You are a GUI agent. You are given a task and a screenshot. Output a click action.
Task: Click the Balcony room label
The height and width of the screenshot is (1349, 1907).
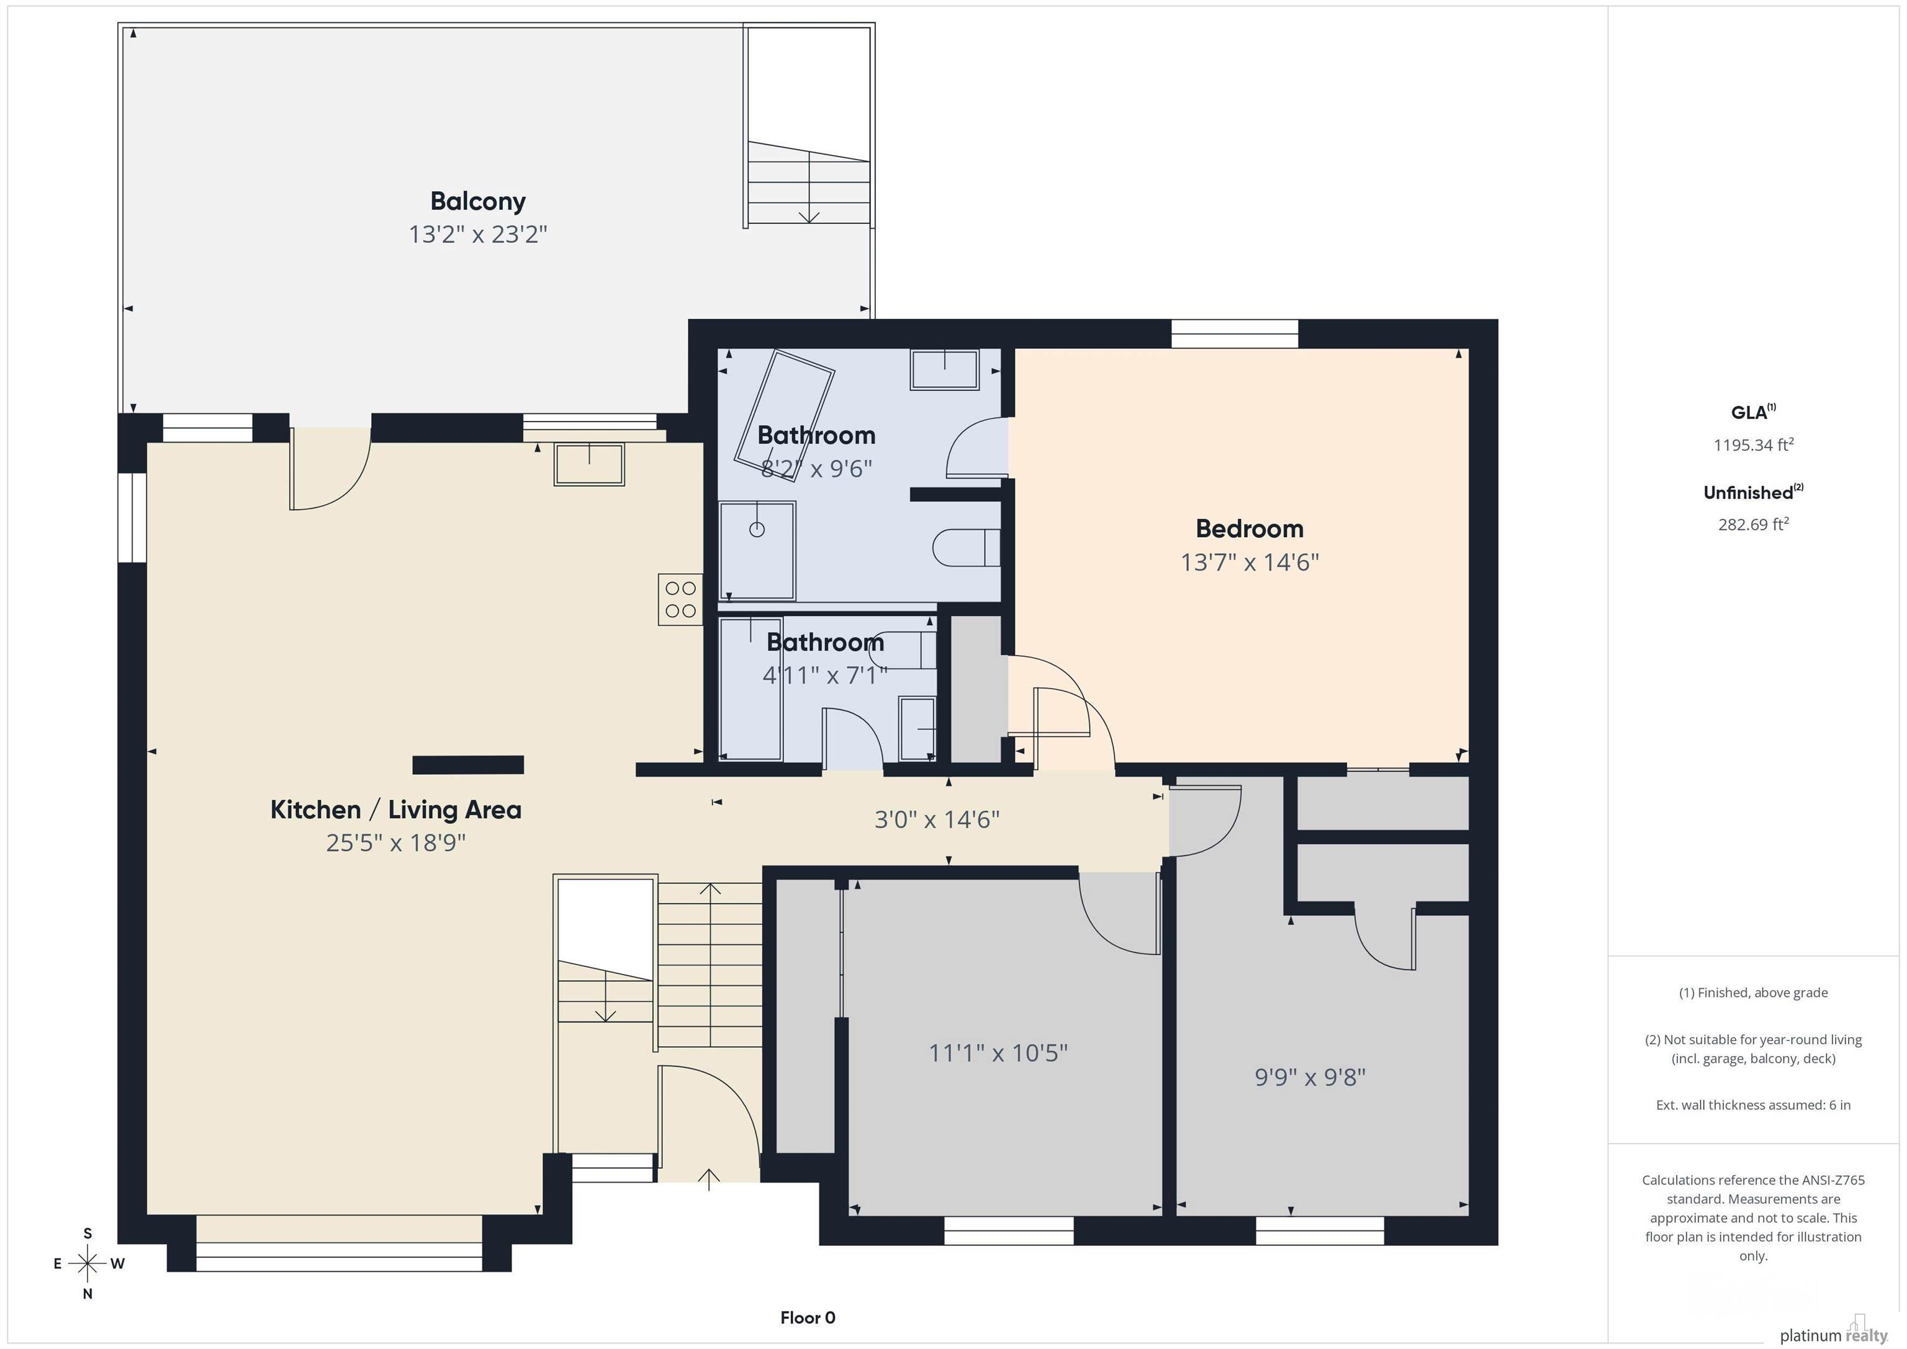(477, 201)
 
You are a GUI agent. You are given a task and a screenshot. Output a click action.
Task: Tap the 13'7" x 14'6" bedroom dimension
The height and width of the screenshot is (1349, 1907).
(1249, 562)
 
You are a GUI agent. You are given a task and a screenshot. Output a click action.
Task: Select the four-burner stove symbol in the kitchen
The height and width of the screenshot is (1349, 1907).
(680, 600)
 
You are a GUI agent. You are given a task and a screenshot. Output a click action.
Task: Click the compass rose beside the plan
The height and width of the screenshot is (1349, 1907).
(87, 1263)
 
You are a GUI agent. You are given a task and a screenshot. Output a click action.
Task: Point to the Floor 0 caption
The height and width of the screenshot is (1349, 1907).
(808, 1317)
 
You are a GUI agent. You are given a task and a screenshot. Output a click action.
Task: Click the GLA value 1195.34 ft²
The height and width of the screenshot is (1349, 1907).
(1753, 444)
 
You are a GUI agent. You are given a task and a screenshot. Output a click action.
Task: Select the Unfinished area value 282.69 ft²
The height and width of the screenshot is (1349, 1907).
(1753, 524)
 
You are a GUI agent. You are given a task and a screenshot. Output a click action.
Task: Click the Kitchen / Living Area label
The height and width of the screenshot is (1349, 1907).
(395, 810)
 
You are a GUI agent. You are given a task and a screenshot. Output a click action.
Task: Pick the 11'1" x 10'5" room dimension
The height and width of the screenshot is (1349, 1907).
(998, 1053)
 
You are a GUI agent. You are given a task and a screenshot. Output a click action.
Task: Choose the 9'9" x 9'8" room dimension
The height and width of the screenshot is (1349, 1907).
(1310, 1077)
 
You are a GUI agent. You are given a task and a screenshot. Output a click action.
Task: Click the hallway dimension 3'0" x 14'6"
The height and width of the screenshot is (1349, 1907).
(937, 820)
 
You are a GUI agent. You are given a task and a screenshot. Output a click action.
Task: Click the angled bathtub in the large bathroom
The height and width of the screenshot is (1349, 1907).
(784, 415)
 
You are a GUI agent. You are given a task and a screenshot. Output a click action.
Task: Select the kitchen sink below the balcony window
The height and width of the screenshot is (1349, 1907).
(589, 464)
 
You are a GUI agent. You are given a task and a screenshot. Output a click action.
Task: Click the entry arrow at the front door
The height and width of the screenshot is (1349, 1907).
(708, 1180)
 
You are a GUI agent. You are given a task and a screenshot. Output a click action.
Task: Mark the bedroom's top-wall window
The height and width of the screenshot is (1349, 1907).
(1234, 334)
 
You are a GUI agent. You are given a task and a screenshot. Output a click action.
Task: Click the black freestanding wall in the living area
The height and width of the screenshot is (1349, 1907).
(469, 765)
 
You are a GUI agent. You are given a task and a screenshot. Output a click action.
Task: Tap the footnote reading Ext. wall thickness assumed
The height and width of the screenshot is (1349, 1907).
(1753, 1105)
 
